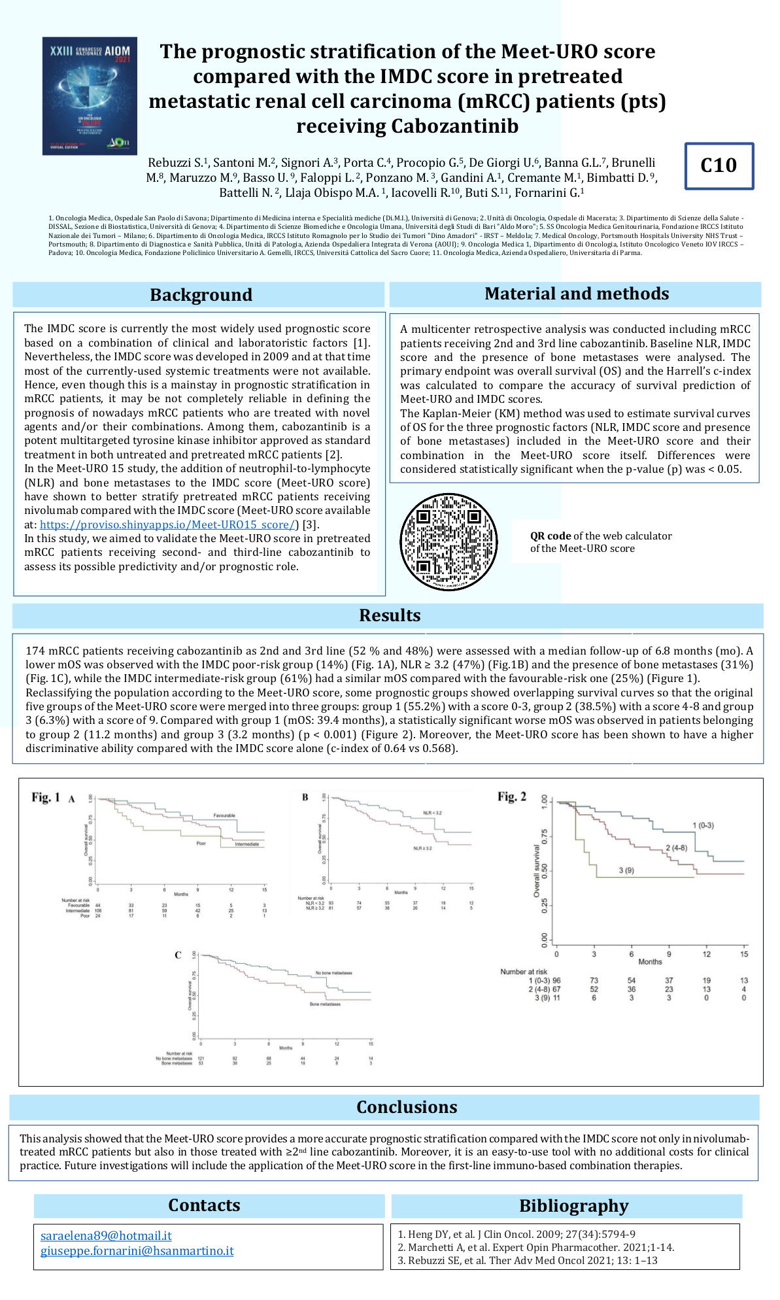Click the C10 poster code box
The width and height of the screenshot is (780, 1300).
[719, 166]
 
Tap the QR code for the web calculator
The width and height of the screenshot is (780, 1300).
[449, 542]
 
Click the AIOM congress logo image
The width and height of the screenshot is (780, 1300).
[90, 95]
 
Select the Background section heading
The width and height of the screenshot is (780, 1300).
[201, 295]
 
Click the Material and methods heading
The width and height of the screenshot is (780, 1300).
[576, 294]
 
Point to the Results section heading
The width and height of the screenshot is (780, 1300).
[390, 615]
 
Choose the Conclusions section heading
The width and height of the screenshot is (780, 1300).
[406, 1107]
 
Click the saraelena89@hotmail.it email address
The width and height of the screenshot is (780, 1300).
[106, 1235]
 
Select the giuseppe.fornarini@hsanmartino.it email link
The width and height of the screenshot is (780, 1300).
[137, 1251]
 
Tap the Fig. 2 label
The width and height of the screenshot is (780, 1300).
[511, 796]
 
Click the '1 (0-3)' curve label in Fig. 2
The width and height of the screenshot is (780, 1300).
[703, 825]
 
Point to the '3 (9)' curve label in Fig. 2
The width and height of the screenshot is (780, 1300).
[626, 870]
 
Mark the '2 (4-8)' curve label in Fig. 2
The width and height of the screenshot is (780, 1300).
[676, 848]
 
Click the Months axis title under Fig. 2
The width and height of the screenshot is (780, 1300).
[650, 961]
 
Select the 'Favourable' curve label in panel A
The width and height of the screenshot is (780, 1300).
[224, 815]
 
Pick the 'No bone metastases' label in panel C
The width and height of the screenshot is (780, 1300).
[333, 973]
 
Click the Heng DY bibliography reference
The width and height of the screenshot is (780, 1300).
[516, 1234]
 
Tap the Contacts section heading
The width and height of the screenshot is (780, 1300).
[204, 1205]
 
